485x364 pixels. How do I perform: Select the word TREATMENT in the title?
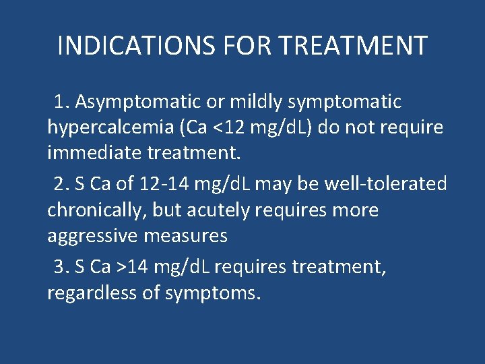point(352,46)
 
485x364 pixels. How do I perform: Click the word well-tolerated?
point(385,184)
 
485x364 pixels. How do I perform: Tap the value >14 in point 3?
point(132,266)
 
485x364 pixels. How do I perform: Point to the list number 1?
point(62,102)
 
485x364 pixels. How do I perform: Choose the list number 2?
point(61,184)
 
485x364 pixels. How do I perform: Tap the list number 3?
point(61,266)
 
